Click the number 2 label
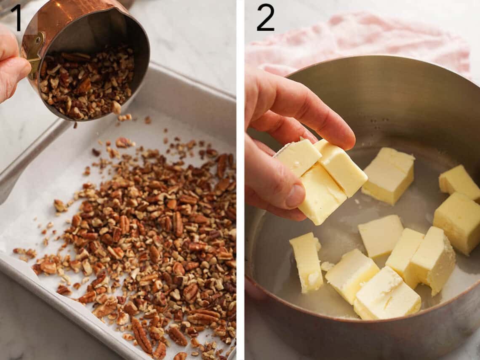click(x=265, y=17)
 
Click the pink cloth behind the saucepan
click(x=358, y=38)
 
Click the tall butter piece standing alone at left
click(x=307, y=262)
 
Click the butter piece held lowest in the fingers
click(x=321, y=194)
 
